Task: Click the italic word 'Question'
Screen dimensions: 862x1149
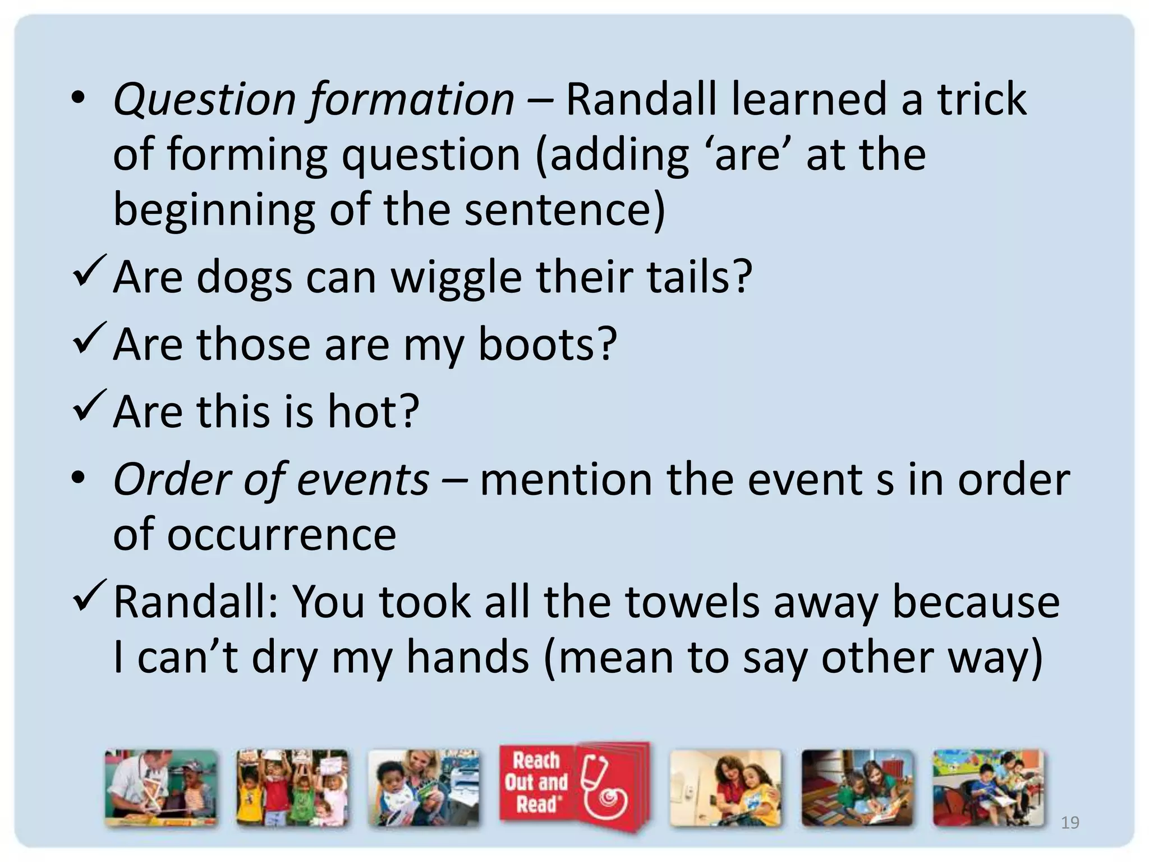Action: tap(205, 100)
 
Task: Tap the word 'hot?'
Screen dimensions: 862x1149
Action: tap(373, 411)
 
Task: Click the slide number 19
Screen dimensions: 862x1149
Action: tap(1070, 823)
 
